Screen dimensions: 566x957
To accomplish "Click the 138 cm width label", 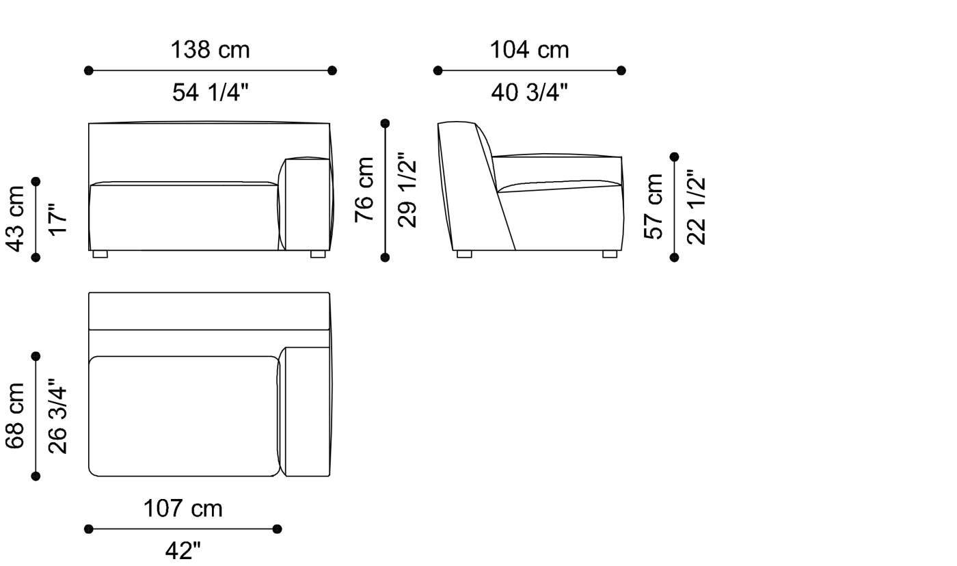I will (210, 50).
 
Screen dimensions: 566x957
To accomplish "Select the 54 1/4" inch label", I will (210, 92).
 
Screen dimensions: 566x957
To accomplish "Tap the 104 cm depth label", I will (529, 50).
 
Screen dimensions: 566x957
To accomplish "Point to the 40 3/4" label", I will (529, 92).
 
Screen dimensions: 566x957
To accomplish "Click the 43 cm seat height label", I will (16, 218).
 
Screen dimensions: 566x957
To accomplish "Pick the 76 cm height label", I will (364, 189).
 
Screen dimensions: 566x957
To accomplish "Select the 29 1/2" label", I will (407, 189).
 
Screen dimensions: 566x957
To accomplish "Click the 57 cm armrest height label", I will (654, 206).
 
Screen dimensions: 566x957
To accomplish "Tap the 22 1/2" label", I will (697, 206).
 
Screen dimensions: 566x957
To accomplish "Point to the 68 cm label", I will (16, 416).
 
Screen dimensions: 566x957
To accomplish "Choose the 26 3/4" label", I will (59, 416).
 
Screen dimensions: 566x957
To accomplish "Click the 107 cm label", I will (183, 509).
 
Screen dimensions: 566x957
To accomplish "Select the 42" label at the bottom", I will (183, 550).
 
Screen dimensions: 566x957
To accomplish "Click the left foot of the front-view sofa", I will (100, 254).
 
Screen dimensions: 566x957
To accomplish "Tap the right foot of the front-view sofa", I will (318, 254).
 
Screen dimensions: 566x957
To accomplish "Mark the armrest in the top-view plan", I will (307, 412).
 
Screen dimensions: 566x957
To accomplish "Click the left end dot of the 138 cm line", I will (88, 70).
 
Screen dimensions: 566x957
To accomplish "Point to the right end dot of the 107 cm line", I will (277, 528).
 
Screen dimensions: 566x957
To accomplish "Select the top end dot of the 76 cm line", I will (385, 124).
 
